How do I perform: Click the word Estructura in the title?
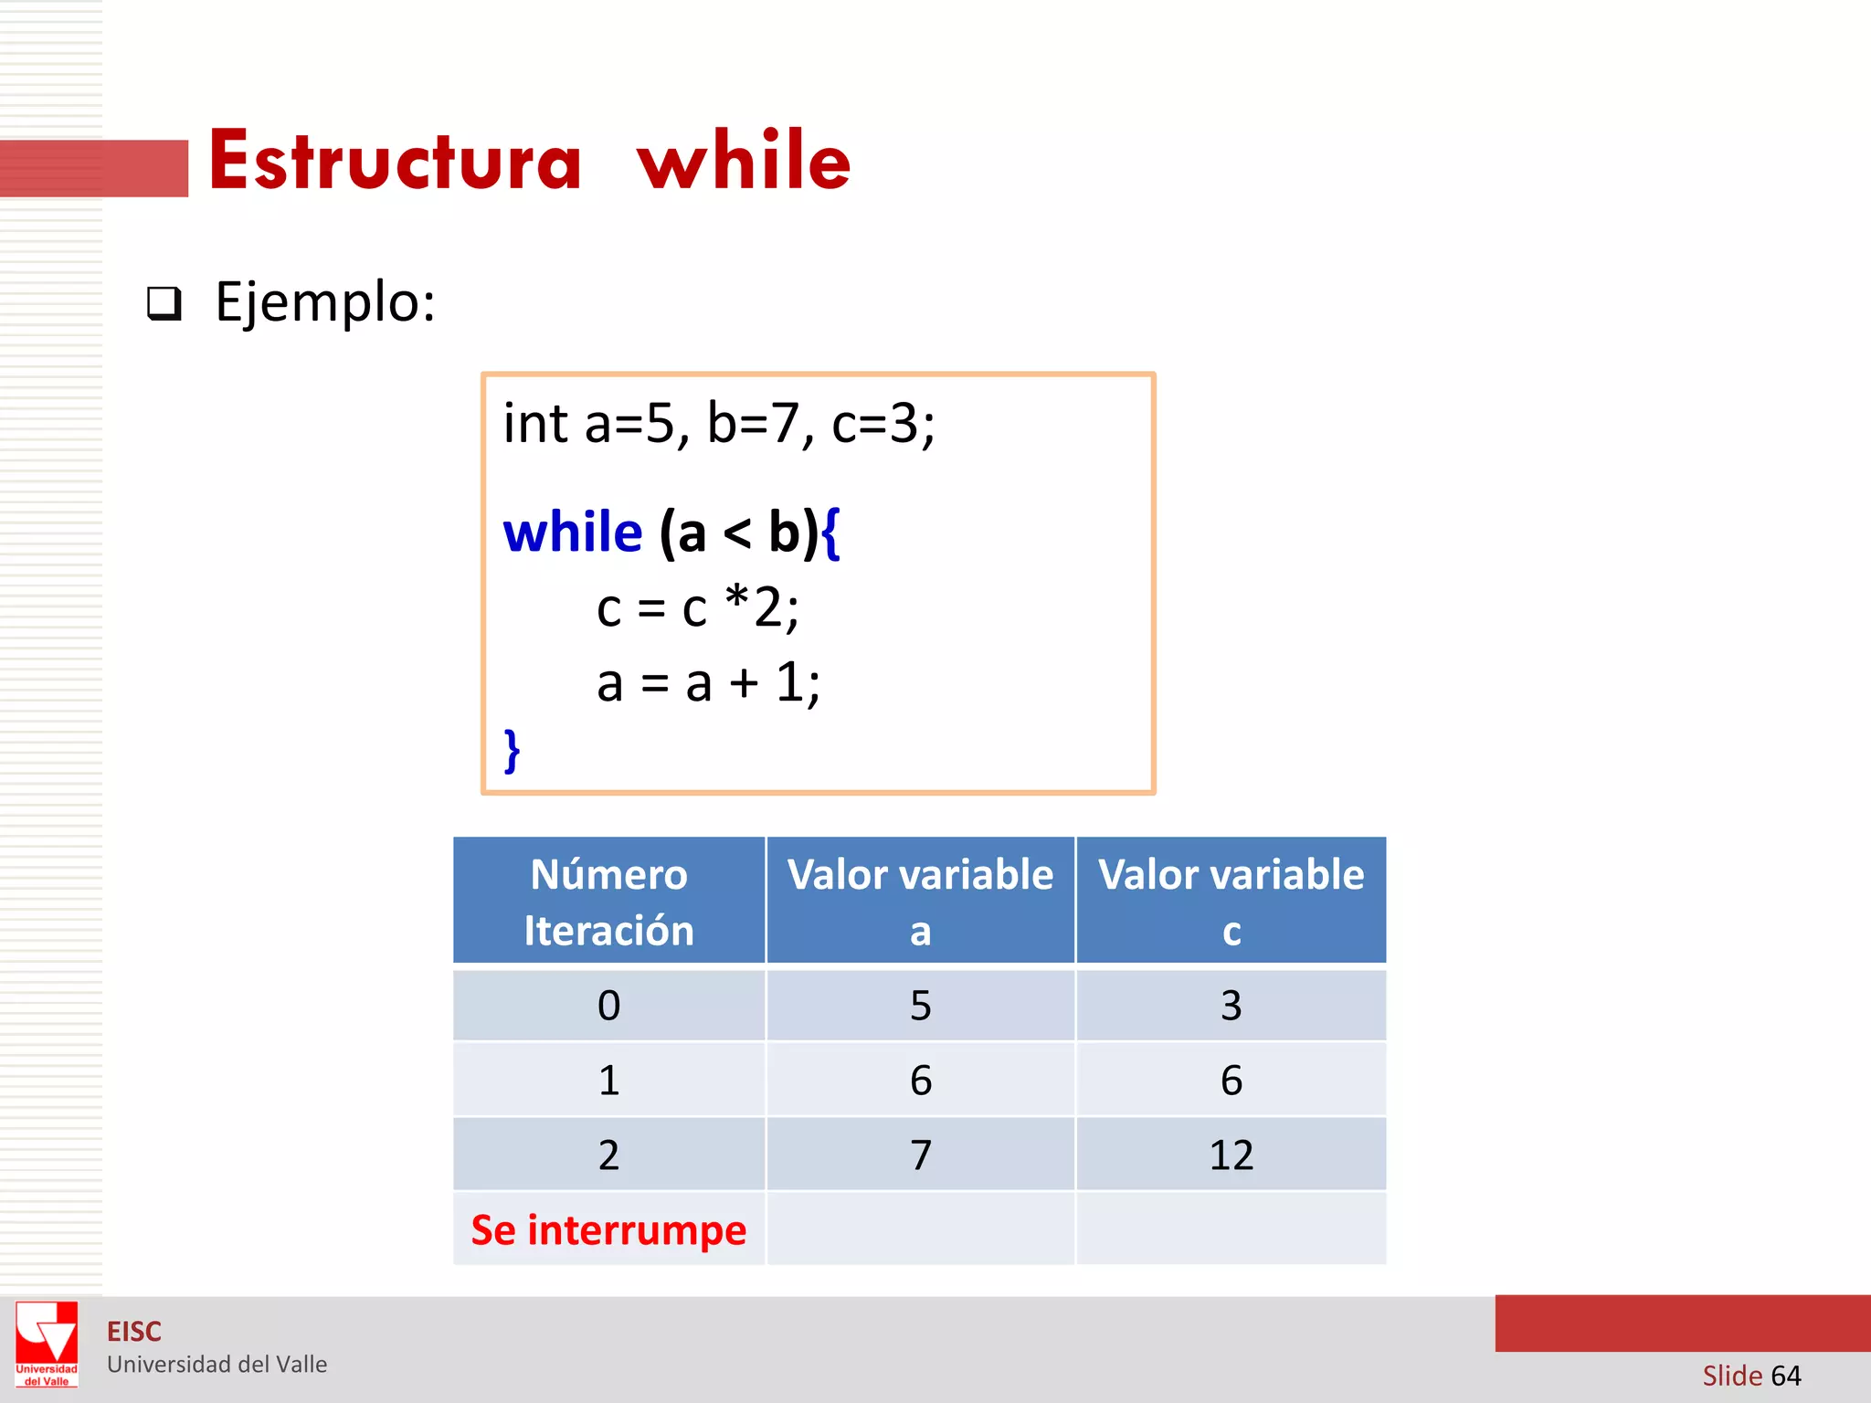tap(395, 161)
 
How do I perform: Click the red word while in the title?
tap(744, 161)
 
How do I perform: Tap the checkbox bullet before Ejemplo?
tap(164, 303)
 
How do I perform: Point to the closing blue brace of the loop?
tap(513, 751)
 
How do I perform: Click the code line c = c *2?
tap(697, 607)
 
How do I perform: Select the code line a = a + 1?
tap(708, 682)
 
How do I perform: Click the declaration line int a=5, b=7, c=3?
tap(719, 424)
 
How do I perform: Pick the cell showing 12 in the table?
tap(1231, 1155)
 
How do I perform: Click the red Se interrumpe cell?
tap(608, 1230)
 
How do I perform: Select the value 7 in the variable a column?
tap(920, 1155)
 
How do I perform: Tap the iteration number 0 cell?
tap(608, 1006)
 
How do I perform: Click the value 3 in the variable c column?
tap(1231, 1006)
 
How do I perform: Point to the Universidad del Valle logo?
tap(47, 1344)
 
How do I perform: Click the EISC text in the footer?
tap(134, 1332)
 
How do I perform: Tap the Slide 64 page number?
tap(1751, 1376)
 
